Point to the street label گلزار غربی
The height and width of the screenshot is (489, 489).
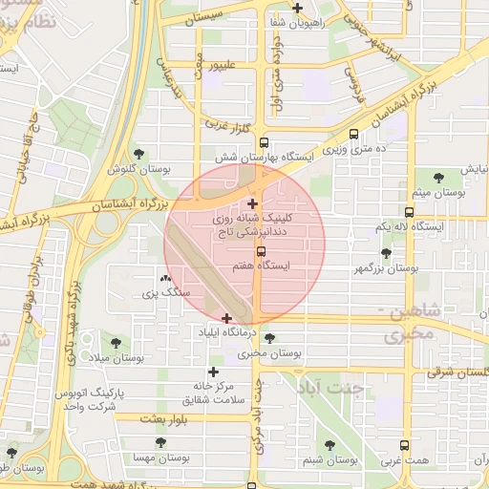(x=224, y=124)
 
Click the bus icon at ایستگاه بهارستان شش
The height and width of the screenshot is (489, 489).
(x=354, y=135)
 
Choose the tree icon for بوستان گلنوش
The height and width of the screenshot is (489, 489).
(x=139, y=154)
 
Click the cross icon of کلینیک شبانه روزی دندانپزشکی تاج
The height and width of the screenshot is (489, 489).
(x=252, y=203)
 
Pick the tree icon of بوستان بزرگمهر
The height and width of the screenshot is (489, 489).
(x=385, y=253)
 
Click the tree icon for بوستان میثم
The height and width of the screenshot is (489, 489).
(x=438, y=178)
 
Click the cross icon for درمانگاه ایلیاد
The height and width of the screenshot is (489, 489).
(x=226, y=318)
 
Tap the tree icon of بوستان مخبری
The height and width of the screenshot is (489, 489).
(x=270, y=338)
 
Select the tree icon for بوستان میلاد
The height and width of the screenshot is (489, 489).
(x=116, y=342)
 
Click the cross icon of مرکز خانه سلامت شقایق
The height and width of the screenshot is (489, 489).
(x=212, y=372)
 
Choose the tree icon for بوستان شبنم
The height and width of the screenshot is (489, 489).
(x=330, y=445)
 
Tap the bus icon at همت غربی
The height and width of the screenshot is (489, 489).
(x=405, y=444)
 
